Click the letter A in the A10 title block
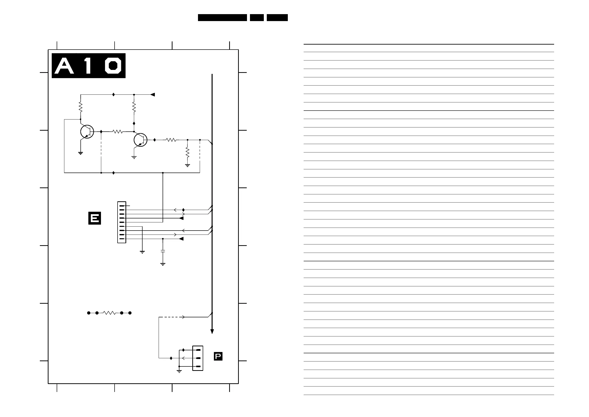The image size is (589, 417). [64, 66]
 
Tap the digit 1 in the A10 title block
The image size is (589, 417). [88, 66]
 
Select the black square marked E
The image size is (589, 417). [95, 218]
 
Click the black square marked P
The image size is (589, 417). [218, 356]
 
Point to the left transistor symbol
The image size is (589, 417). [87, 132]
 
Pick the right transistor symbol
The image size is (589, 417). [140, 140]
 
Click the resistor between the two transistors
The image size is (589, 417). [118, 132]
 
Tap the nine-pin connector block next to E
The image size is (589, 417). [122, 222]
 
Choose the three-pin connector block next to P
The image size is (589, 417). [198, 358]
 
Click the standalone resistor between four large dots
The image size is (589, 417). [109, 313]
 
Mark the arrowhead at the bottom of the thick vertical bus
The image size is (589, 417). [212, 331]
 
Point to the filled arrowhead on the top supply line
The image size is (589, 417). [153, 94]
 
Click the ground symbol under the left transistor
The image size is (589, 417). [80, 153]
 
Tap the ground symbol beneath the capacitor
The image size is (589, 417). [163, 264]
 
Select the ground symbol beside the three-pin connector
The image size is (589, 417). [179, 371]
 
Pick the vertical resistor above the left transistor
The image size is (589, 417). [80, 107]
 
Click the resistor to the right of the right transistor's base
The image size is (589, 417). [171, 140]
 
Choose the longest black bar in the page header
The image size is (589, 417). [222, 17]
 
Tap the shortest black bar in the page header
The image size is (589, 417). [257, 17]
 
